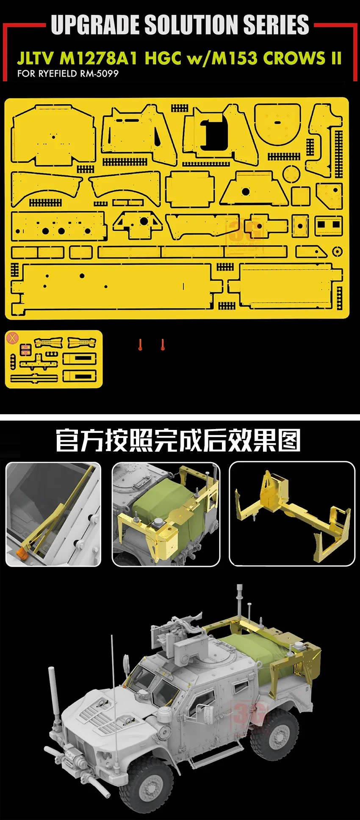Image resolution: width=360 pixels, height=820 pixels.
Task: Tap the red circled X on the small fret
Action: (13, 338)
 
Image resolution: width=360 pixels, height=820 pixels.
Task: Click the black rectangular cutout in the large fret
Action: (214, 133)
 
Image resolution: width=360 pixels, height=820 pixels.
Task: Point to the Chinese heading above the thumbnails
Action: (178, 440)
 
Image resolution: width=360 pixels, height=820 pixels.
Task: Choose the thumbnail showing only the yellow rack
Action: (292, 513)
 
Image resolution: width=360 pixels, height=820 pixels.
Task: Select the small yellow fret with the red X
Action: (54, 359)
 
